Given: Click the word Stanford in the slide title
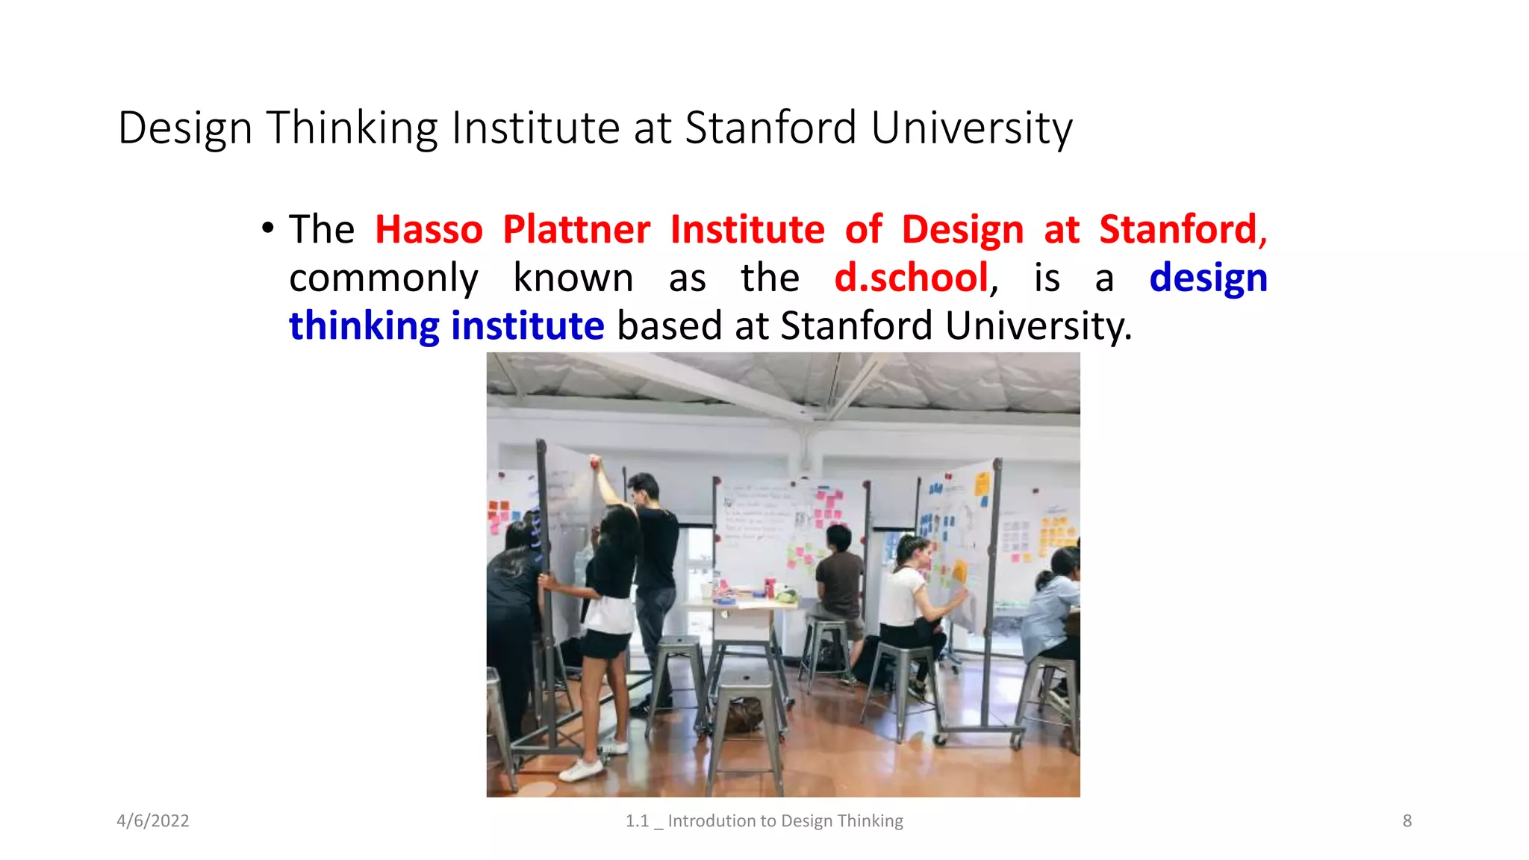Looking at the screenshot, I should (770, 128).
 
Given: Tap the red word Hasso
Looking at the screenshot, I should (429, 229).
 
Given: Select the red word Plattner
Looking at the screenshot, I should (576, 229).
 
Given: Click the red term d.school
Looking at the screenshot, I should (911, 278).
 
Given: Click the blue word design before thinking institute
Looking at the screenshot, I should (1207, 278).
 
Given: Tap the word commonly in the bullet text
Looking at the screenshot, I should (383, 278).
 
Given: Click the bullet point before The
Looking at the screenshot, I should (267, 228).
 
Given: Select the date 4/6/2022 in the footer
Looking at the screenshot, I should (153, 820).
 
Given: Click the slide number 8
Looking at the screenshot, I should (1407, 820).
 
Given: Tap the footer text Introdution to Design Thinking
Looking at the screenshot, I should (785, 820).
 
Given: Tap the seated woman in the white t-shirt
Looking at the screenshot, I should (907, 590).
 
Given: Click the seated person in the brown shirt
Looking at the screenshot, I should (839, 575).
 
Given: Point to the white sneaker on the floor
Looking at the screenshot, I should (581, 770).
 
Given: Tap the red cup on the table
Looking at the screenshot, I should (769, 587).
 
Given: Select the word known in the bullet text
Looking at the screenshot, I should (573, 278).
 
